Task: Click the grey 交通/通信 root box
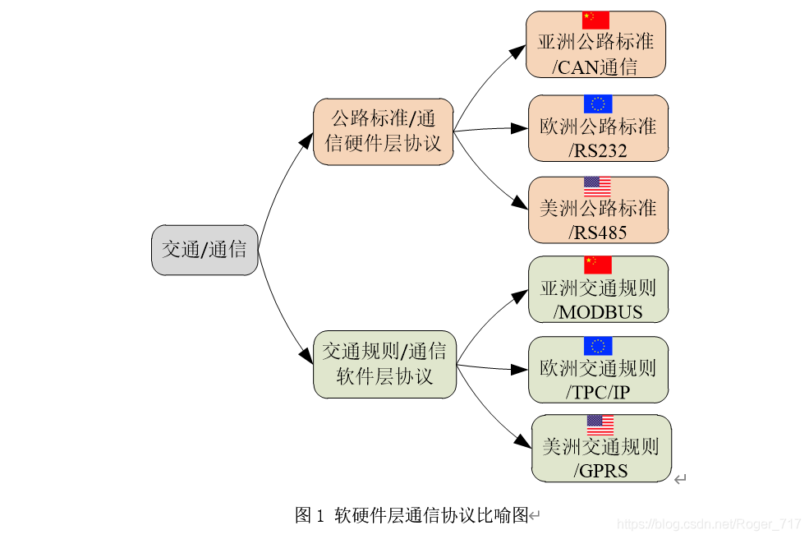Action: tap(205, 250)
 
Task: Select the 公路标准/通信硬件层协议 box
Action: tap(383, 131)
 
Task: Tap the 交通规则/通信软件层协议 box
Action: tap(384, 364)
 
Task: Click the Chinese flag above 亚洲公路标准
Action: tap(595, 20)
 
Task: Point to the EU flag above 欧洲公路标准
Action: tap(598, 104)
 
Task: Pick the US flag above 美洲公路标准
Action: tap(597, 187)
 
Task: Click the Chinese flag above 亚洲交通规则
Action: tap(598, 265)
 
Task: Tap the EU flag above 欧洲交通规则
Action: tap(598, 346)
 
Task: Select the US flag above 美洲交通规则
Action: tap(600, 425)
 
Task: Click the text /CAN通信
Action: tap(595, 67)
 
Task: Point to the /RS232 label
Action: tap(598, 151)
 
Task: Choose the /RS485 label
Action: tap(598, 233)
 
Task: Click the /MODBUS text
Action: tap(598, 312)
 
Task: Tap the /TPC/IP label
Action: tap(598, 392)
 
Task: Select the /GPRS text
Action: tap(601, 471)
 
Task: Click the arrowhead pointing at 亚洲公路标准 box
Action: tap(517, 52)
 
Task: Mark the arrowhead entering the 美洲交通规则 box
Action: tap(523, 441)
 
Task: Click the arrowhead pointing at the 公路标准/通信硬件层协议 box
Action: tap(306, 141)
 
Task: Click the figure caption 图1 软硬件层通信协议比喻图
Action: tap(411, 515)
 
